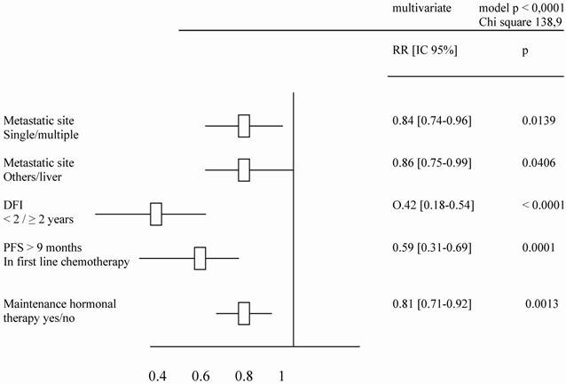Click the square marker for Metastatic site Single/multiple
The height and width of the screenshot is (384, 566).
[244, 126]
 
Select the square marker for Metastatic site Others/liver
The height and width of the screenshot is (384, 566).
[244, 169]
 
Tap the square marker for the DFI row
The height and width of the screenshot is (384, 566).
[156, 214]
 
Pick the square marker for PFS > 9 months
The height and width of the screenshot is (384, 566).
[200, 258]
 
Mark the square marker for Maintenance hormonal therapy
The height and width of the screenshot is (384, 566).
[244, 313]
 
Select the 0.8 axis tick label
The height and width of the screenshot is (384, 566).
[244, 375]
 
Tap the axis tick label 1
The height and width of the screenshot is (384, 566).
[282, 375]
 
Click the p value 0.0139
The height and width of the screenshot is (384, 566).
[537, 119]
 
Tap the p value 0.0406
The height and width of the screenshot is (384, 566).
[537, 162]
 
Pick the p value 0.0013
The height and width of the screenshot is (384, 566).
[537, 305]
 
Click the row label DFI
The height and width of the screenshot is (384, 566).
[13, 203]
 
